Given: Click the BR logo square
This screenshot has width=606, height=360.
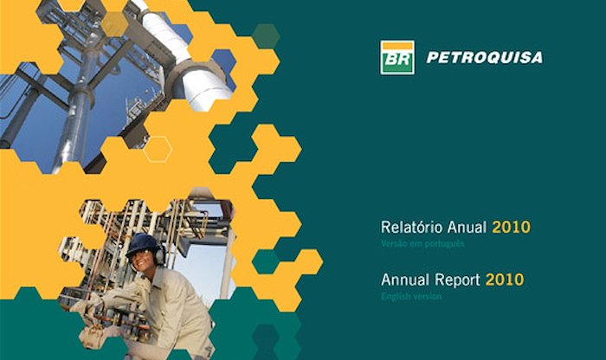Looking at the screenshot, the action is (x=397, y=58).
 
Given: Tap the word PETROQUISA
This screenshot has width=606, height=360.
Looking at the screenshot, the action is (x=485, y=58).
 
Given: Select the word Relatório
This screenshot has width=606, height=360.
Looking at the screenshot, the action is (x=412, y=227).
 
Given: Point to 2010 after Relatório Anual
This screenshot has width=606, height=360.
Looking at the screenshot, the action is (x=511, y=227).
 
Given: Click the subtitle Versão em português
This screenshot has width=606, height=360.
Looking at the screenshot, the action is (x=422, y=244).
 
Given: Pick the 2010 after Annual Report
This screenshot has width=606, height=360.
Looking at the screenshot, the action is (x=505, y=280).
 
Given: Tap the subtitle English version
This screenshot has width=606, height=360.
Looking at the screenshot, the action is (x=411, y=297).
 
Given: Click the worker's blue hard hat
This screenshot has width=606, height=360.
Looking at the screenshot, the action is (x=142, y=244).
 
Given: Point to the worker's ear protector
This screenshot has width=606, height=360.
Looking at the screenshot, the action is (x=159, y=255).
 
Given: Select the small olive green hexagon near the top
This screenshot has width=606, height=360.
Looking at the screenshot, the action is (x=266, y=36).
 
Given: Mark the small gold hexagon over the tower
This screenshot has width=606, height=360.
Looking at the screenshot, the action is (x=115, y=24).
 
